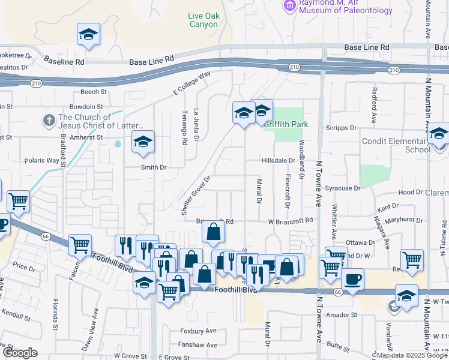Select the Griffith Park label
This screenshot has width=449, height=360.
[286, 124]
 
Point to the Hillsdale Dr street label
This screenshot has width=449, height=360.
[279, 161]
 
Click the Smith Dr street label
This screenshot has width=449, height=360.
[153, 167]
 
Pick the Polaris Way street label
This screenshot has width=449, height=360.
[41, 161]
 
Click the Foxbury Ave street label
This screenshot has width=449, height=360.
[198, 331]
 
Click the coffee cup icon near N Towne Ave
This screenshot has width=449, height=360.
[352, 279]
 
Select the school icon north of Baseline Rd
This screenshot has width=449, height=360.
[88, 34]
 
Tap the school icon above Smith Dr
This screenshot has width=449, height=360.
[142, 142]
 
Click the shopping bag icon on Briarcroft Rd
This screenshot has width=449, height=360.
[213, 232]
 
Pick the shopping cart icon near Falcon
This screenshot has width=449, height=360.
[80, 245]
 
